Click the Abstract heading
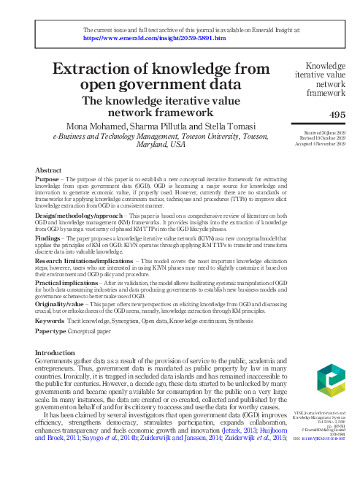[48, 170]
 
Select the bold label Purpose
[47, 179]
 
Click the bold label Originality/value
[63, 303]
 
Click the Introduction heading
[60, 352]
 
